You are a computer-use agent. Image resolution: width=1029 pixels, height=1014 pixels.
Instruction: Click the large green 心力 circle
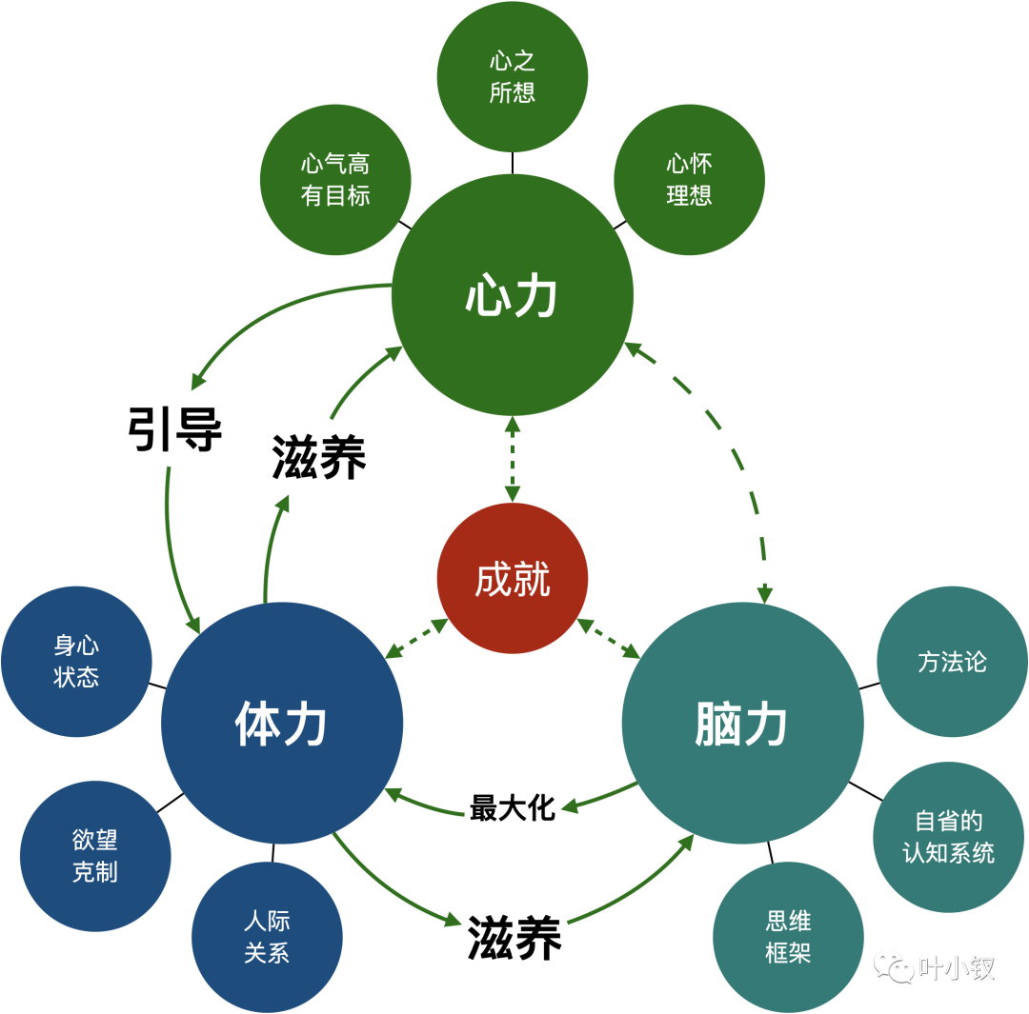[x=513, y=295]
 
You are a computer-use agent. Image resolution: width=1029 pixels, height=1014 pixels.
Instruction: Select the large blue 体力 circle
[x=282, y=724]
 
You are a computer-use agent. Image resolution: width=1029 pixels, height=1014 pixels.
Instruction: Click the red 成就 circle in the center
[x=513, y=578]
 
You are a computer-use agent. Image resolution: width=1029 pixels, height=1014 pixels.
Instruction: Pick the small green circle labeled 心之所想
[x=513, y=77]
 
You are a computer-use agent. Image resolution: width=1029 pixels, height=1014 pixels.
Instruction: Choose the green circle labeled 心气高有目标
[x=335, y=180]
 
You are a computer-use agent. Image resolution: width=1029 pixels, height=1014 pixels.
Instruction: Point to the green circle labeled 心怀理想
[x=689, y=180]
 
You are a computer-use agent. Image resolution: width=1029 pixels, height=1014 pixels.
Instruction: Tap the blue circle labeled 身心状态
[x=76, y=661]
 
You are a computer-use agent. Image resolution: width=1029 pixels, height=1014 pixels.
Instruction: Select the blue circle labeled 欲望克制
[x=95, y=855]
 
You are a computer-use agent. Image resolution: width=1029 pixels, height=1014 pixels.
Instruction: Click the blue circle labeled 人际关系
[x=267, y=937]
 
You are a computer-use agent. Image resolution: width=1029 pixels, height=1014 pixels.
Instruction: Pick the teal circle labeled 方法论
[x=952, y=662]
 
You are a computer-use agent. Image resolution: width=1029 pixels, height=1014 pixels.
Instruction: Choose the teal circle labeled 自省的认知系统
[x=948, y=837]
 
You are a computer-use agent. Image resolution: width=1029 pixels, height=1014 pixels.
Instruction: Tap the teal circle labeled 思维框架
[x=788, y=937]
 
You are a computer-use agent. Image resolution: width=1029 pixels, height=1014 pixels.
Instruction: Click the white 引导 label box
[x=175, y=429]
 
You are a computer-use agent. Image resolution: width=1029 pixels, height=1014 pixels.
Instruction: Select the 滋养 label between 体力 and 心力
[x=319, y=457]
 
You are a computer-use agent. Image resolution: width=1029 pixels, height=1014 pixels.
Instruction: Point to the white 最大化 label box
[x=513, y=807]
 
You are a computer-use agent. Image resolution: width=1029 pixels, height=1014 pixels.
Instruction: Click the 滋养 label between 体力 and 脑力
[x=514, y=938]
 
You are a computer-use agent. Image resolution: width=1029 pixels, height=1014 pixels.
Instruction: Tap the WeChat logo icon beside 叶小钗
[x=894, y=967]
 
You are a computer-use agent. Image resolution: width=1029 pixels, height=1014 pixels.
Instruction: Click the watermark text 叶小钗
[x=957, y=967]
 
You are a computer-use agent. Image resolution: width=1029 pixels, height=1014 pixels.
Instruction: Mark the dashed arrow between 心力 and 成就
[x=513, y=459]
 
